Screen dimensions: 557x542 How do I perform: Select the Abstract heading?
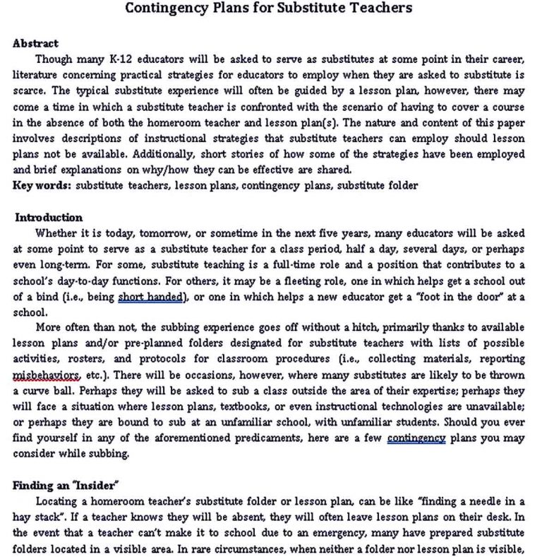point(36,43)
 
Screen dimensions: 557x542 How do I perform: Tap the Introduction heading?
point(49,217)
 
